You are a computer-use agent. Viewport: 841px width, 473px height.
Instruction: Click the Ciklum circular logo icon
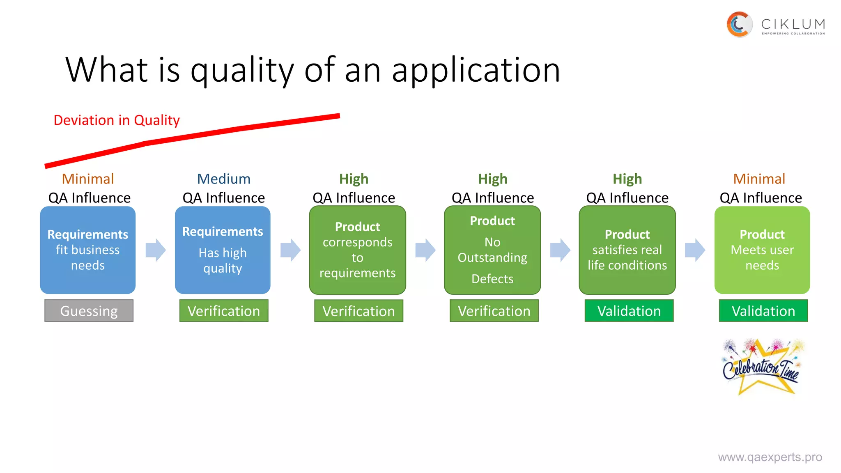[739, 24]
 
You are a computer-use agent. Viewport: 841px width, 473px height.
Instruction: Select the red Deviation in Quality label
[117, 120]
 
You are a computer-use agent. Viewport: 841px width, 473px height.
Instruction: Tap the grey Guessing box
[89, 311]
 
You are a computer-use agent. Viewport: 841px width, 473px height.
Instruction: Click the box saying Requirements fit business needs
[88, 250]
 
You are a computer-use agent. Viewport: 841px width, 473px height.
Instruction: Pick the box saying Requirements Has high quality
[223, 250]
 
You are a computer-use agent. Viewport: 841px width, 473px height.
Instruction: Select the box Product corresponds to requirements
[357, 250]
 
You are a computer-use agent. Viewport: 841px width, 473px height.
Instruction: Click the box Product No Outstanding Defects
[492, 250]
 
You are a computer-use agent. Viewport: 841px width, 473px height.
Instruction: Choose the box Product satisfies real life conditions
[627, 250]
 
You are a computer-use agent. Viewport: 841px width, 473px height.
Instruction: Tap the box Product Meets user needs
[762, 250]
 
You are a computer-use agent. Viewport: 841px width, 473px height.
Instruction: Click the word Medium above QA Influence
[223, 179]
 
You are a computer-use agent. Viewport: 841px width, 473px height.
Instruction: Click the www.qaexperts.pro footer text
[770, 457]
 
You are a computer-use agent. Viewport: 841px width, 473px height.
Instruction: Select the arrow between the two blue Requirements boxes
[156, 250]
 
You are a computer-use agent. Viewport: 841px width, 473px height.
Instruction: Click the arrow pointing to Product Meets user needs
[695, 250]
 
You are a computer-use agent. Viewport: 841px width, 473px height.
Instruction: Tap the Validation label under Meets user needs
[763, 311]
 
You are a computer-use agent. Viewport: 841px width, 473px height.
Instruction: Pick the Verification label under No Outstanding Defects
[494, 311]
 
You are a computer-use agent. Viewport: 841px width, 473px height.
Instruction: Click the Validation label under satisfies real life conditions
[629, 311]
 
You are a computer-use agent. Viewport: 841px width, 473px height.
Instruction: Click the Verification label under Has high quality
[224, 311]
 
